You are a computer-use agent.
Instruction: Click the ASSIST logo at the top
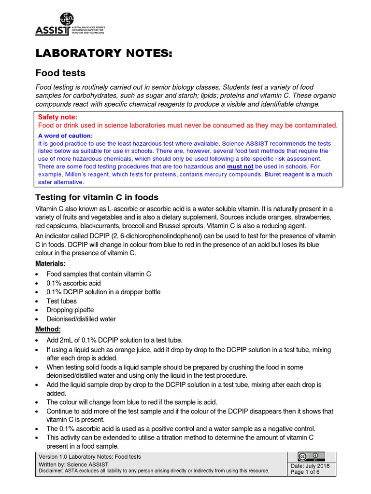(70, 25)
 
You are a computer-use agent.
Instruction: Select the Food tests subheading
(61, 73)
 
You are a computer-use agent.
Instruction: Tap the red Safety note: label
(57, 117)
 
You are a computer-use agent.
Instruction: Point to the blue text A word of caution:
(65, 136)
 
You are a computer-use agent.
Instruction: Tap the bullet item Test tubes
(61, 301)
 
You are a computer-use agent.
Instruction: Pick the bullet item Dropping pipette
(70, 310)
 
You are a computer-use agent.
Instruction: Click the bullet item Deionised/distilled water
(81, 319)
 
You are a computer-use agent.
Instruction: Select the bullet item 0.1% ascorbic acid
(73, 283)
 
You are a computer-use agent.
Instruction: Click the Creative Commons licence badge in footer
(311, 456)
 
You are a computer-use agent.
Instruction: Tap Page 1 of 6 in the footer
(305, 472)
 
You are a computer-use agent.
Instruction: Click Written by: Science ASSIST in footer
(73, 464)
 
